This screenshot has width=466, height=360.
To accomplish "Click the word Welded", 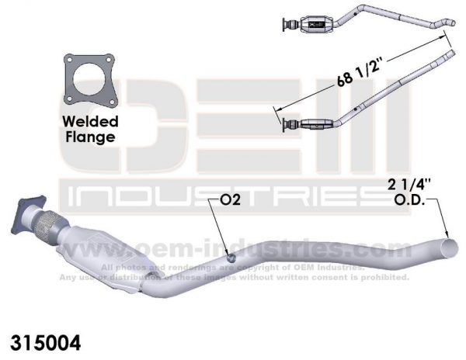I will coord(90,122).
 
